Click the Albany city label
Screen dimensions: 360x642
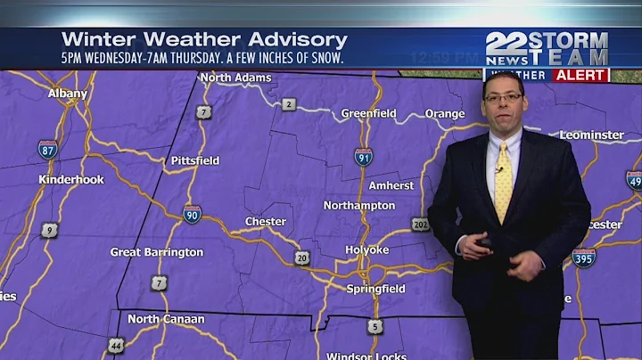click(68, 93)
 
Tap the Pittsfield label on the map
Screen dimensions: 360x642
click(195, 160)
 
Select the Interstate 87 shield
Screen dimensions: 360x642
click(48, 149)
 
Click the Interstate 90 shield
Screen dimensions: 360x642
click(193, 213)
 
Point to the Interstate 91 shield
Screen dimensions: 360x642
click(363, 157)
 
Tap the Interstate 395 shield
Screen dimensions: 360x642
click(584, 258)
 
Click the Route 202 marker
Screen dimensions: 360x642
click(421, 224)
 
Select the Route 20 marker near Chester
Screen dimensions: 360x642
click(302, 258)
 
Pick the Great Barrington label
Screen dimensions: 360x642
click(157, 252)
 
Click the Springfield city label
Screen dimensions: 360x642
click(375, 289)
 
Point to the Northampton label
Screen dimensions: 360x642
click(359, 205)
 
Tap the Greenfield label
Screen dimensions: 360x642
click(369, 113)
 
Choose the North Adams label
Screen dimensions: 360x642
click(235, 78)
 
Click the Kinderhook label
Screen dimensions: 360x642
click(71, 179)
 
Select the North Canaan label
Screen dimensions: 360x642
click(166, 319)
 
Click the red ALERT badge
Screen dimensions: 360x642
click(580, 75)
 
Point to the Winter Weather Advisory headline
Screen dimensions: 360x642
click(204, 40)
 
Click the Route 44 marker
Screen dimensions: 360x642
click(116, 344)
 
